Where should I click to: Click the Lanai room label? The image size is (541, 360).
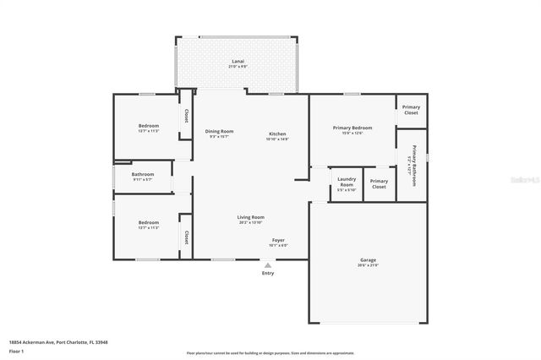pos(238,62)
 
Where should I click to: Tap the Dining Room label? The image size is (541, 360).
pos(219,131)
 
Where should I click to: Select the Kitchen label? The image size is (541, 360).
pos(277,134)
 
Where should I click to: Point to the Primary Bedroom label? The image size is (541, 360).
pos(352,128)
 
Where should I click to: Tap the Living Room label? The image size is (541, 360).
pos(250,217)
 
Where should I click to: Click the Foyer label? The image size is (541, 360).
pos(278,241)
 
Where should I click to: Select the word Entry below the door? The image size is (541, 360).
pos(268,273)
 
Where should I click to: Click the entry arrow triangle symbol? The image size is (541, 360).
pos(268,265)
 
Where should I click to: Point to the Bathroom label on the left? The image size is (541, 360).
pos(142,174)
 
